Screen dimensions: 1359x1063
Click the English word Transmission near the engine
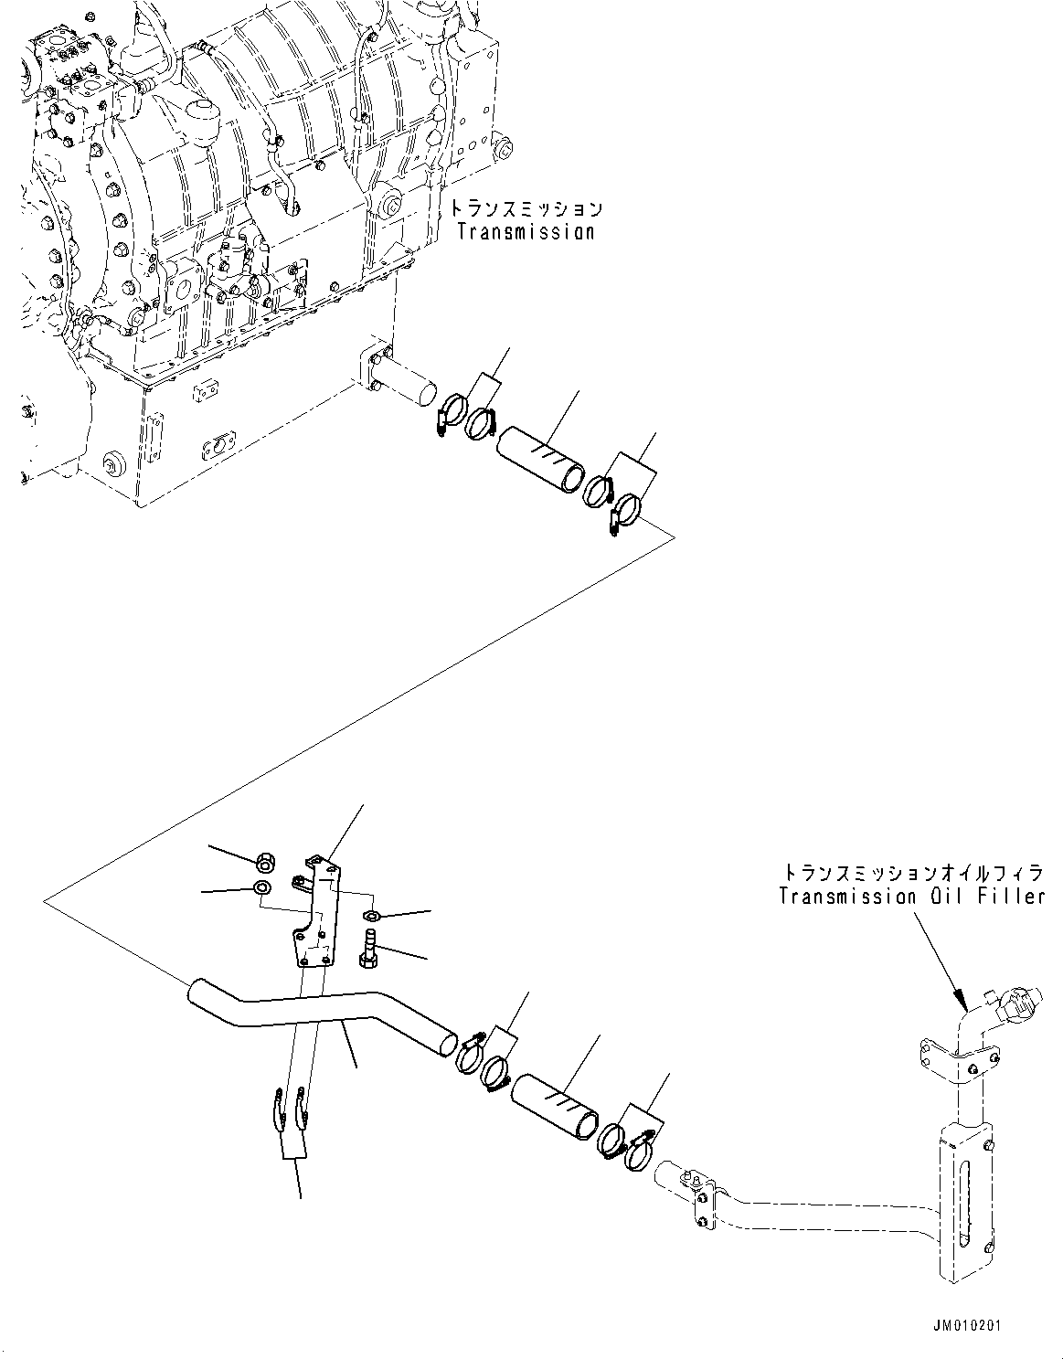coord(526,232)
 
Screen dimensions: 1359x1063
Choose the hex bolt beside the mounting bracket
coord(370,943)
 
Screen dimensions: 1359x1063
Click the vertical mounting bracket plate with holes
coord(315,914)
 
